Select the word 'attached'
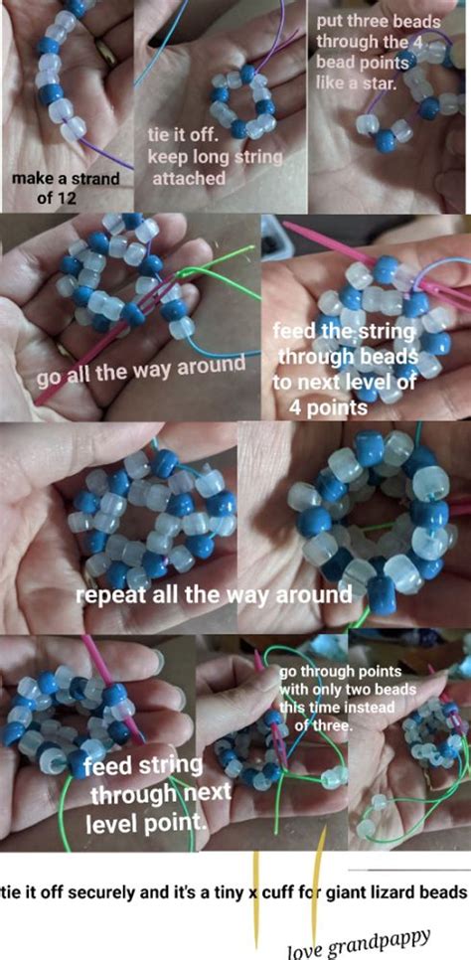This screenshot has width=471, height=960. point(188,179)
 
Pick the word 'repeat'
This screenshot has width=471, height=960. point(107,596)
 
